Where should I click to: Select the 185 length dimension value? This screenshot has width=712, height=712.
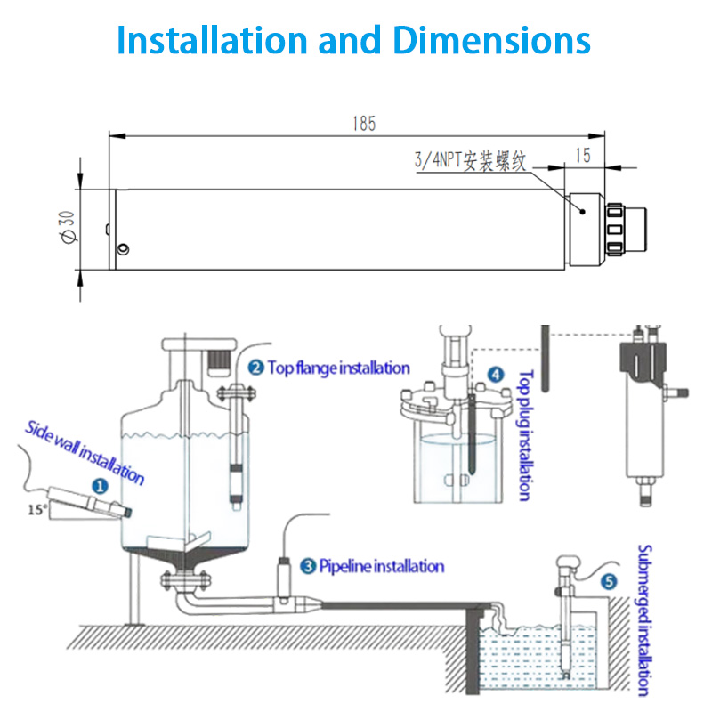pos(363,125)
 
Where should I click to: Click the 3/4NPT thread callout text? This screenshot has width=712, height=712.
pos(472,161)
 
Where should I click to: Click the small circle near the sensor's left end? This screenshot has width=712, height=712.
pos(125,248)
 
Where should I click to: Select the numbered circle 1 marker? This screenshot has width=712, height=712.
pos(100,486)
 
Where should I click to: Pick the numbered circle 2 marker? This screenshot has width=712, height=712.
pos(255,368)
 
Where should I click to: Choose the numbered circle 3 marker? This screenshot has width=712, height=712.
pos(308,565)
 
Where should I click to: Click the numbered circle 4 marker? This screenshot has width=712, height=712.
pos(496,375)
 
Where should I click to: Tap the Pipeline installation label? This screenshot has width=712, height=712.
pos(381,565)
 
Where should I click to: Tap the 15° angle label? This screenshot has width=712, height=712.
pos(36,510)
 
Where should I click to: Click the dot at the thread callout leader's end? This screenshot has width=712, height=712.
pos(580,211)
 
